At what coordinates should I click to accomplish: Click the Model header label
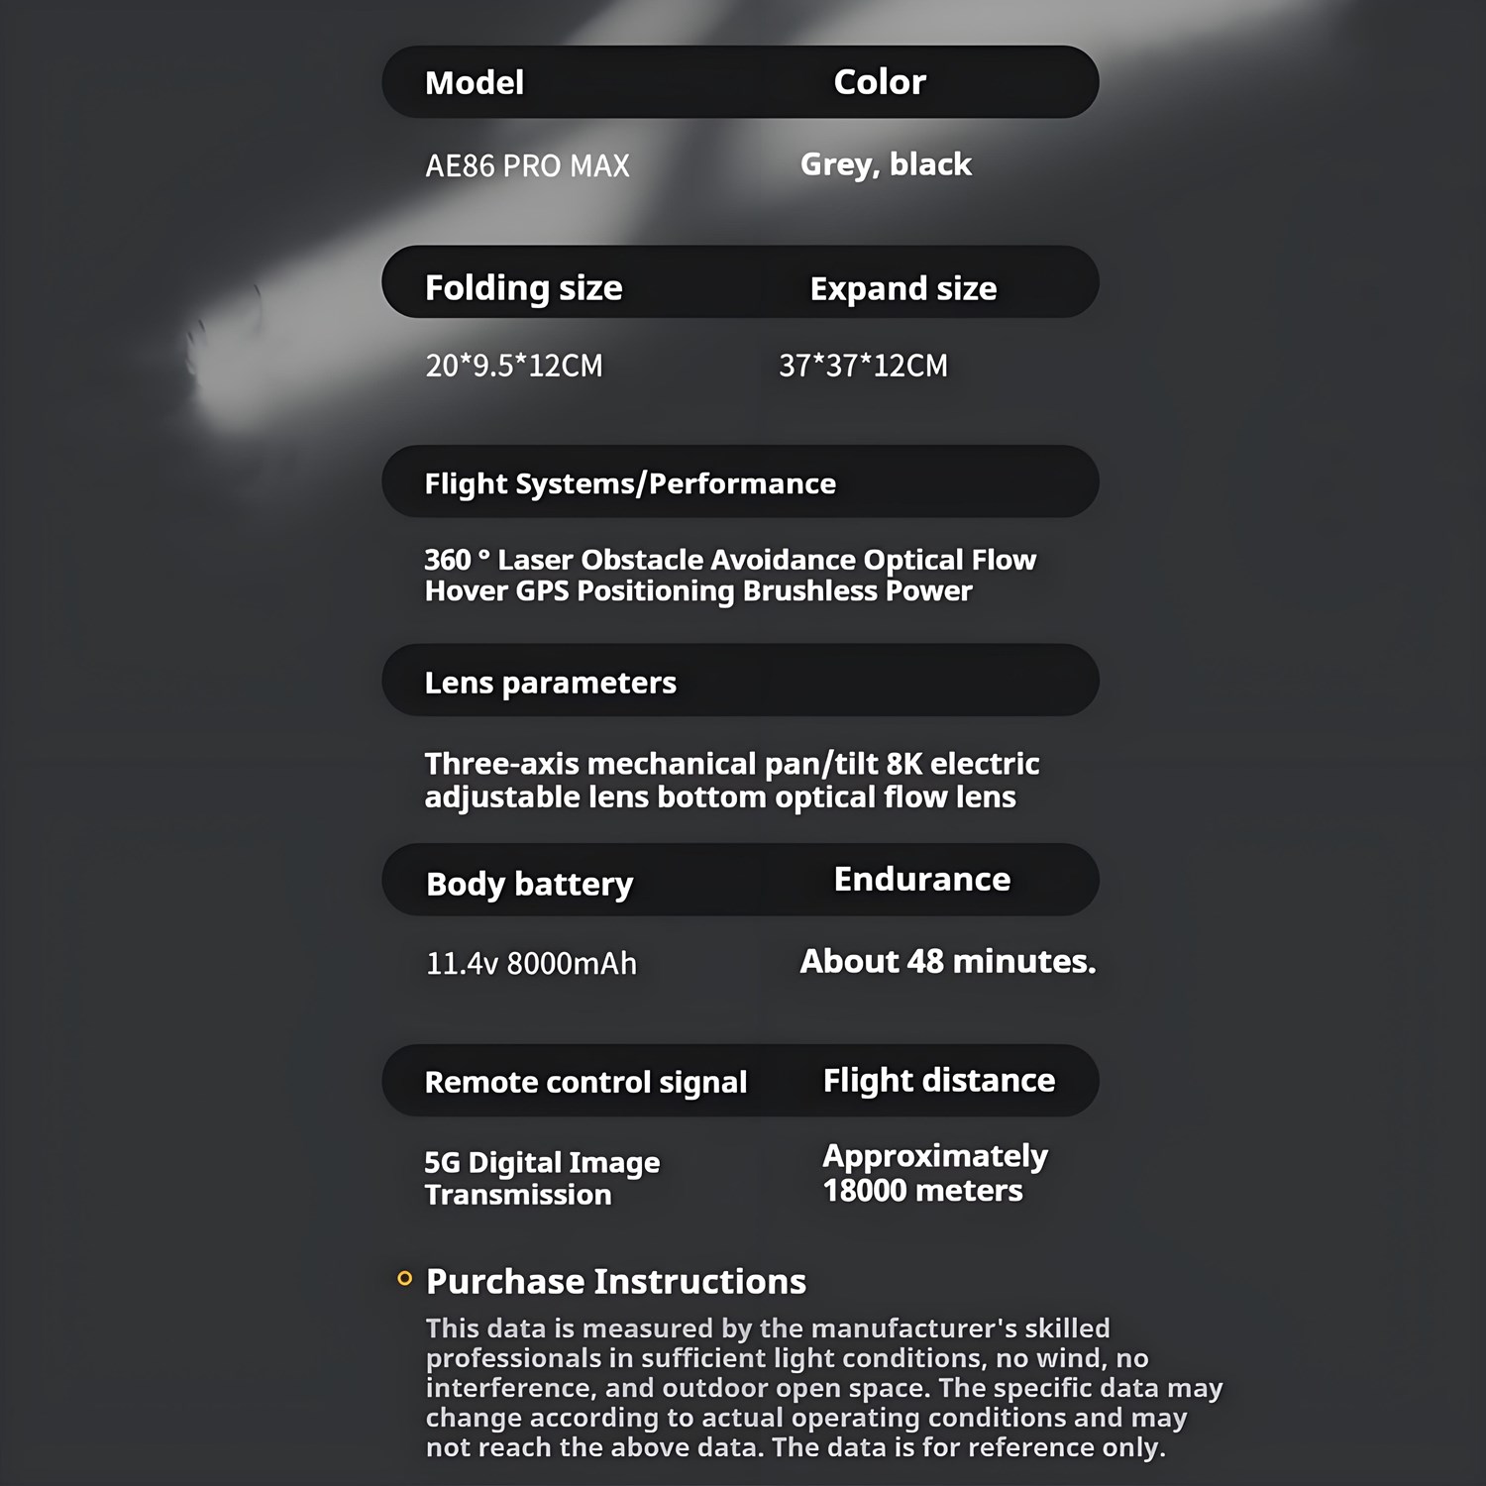pyautogui.click(x=474, y=82)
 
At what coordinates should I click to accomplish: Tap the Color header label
pyautogui.click(x=879, y=82)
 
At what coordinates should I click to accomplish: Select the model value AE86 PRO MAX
pyautogui.click(x=527, y=165)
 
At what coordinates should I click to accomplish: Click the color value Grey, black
pyautogui.click(x=886, y=164)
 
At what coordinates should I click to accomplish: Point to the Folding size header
pyautogui.click(x=523, y=288)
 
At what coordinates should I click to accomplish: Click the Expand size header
pyautogui.click(x=902, y=288)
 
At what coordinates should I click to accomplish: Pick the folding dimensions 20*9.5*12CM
pyautogui.click(x=513, y=366)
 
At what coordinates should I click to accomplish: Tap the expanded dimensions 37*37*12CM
pyautogui.click(x=863, y=366)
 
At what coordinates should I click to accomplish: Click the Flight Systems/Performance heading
pyautogui.click(x=630, y=483)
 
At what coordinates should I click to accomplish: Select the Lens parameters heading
pyautogui.click(x=550, y=683)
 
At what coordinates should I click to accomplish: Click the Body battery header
pyautogui.click(x=529, y=884)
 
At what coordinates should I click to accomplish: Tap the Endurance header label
pyautogui.click(x=921, y=880)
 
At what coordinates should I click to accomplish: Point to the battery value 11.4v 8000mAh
pyautogui.click(x=531, y=963)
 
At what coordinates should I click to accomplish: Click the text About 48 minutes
pyautogui.click(x=947, y=961)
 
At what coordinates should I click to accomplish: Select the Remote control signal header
pyautogui.click(x=585, y=1082)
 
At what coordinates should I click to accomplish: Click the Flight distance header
pyautogui.click(x=938, y=1080)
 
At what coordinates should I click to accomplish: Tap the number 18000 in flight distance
pyautogui.click(x=865, y=1190)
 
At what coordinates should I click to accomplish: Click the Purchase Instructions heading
pyautogui.click(x=615, y=1282)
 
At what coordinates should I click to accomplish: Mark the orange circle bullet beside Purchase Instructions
pyautogui.click(x=404, y=1279)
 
